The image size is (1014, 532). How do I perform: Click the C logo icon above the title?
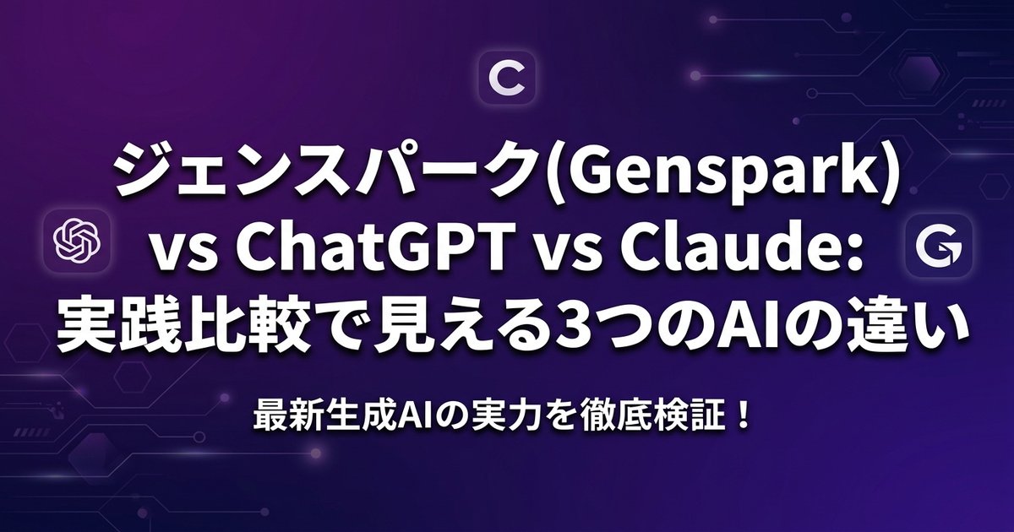pos(507,81)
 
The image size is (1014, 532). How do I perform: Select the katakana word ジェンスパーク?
pos(327,174)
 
